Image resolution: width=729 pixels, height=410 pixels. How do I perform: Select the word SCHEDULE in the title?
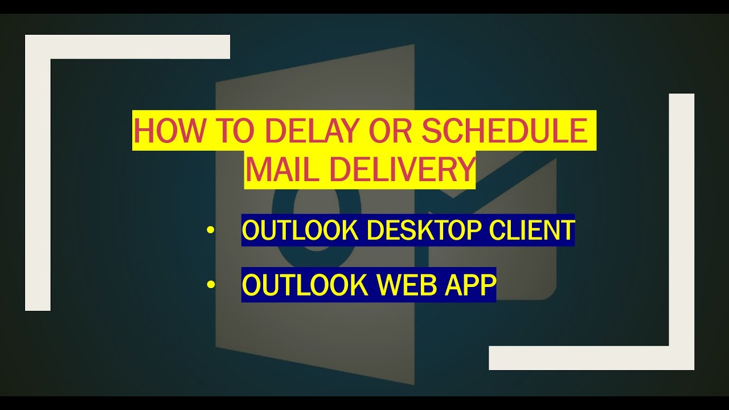point(505,130)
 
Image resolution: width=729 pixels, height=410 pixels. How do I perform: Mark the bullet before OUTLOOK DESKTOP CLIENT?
point(211,231)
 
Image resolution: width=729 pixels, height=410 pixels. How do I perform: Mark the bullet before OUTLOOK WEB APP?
point(211,285)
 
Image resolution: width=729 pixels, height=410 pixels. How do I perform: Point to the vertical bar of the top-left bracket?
point(38,182)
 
